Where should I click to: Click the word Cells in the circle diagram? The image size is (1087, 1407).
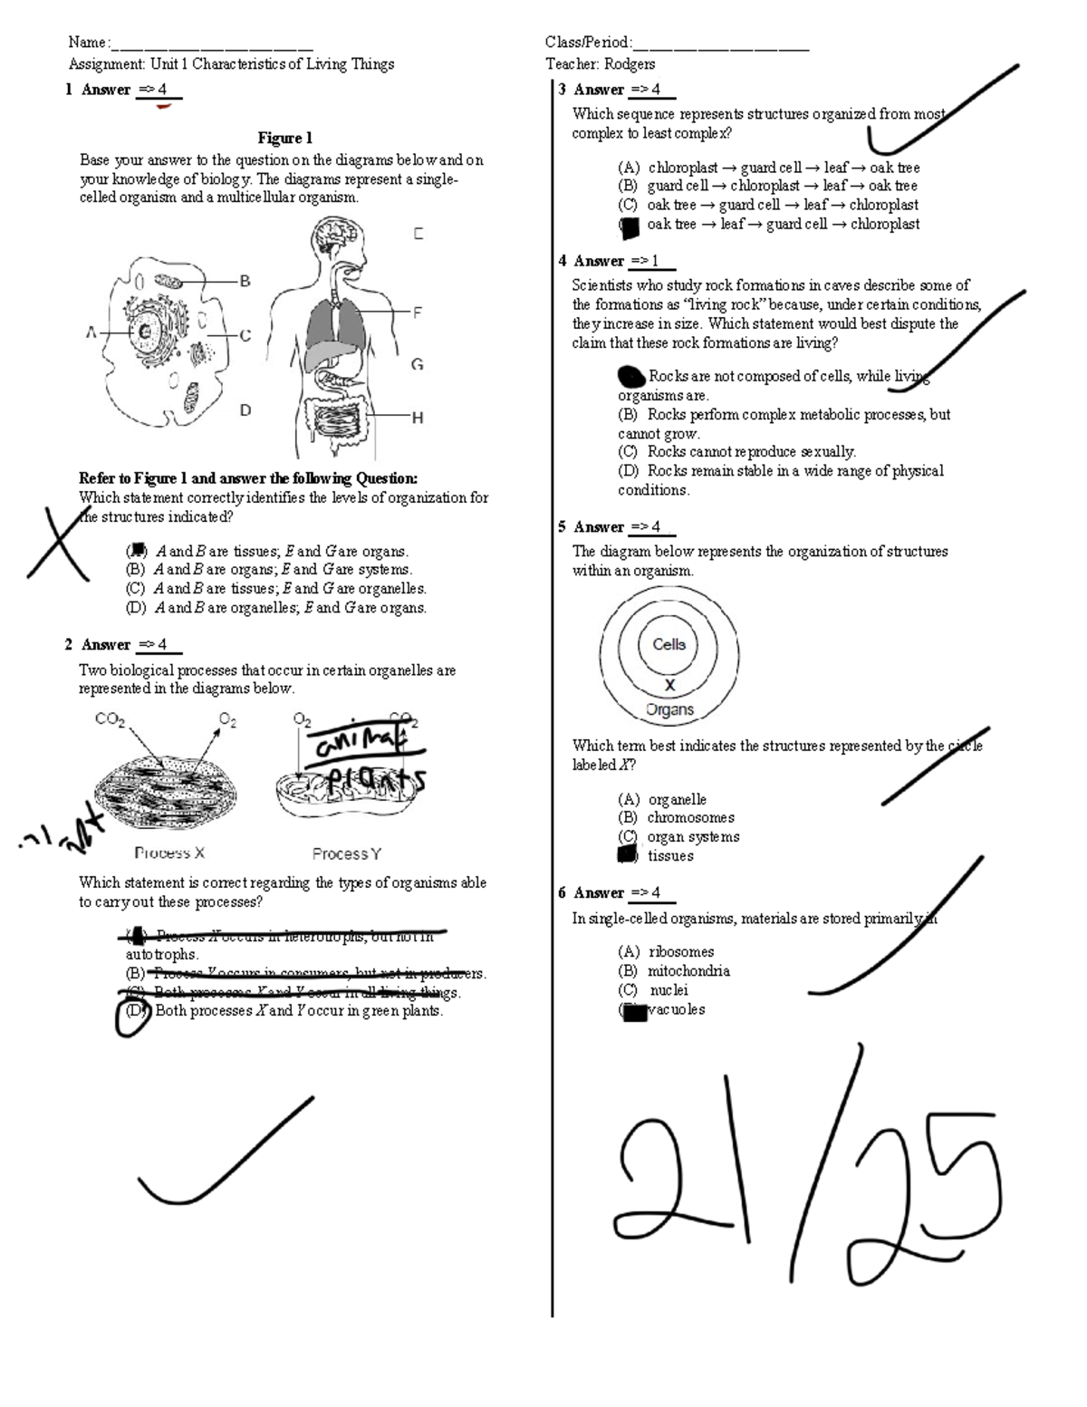click(669, 644)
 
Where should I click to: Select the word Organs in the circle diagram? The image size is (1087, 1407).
click(670, 710)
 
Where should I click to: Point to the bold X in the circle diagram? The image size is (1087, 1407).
click(670, 686)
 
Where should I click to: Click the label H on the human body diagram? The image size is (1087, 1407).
click(418, 418)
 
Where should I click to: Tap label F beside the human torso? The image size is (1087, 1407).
click(418, 313)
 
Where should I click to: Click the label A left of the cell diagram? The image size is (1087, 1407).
click(91, 332)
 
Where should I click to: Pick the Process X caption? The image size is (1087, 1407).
click(169, 853)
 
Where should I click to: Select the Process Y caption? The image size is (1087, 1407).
click(347, 853)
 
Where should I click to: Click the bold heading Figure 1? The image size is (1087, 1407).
click(284, 138)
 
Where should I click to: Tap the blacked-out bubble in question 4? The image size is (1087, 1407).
click(630, 376)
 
